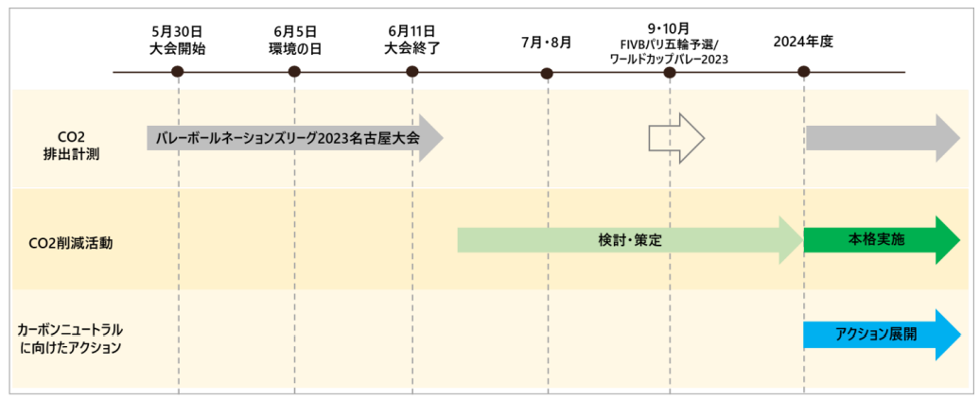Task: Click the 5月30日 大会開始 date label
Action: point(178,39)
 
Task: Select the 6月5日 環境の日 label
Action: point(294,39)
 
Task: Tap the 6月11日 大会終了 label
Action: point(411,39)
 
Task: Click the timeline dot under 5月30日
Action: point(178,72)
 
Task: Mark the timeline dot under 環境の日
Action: point(294,72)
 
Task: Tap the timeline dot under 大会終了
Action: point(411,72)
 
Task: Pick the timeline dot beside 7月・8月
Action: point(547,73)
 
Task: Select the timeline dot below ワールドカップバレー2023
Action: point(670,72)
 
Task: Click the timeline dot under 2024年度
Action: point(803,72)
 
